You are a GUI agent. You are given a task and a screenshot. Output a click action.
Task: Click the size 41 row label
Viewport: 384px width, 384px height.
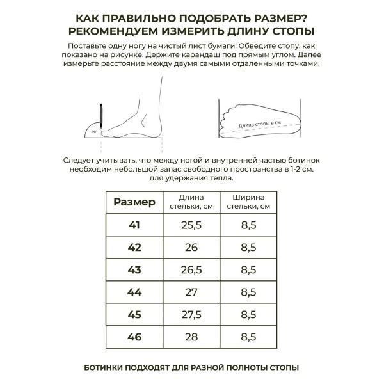pyautogui.click(x=134, y=225)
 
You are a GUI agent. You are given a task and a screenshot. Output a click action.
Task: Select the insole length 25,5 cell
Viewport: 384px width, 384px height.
pyautogui.click(x=191, y=225)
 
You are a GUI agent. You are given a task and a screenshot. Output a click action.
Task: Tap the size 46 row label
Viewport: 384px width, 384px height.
pyautogui.click(x=134, y=337)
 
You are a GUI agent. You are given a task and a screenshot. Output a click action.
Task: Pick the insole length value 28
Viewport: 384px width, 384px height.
pyautogui.click(x=191, y=337)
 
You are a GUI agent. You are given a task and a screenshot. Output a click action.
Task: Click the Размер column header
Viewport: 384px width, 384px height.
pyautogui.click(x=134, y=202)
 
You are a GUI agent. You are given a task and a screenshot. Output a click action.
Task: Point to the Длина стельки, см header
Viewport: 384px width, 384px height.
pyautogui.click(x=191, y=202)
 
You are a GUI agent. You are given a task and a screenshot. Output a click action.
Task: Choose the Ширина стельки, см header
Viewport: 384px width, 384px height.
pyautogui.click(x=248, y=202)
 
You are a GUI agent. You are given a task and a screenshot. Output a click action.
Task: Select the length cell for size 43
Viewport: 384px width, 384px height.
pyautogui.click(x=191, y=270)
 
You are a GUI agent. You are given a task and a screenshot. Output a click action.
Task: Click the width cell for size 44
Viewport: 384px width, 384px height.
pyautogui.click(x=248, y=292)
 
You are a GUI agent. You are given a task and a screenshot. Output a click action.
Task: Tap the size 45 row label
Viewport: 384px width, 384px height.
pyautogui.click(x=134, y=315)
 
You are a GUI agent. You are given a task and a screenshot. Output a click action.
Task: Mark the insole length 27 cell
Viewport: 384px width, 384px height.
pyautogui.click(x=191, y=292)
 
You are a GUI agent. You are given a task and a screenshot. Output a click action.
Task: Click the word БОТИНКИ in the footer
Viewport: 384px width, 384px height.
pyautogui.click(x=106, y=368)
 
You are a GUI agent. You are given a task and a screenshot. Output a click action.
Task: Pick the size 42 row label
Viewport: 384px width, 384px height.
pyautogui.click(x=134, y=248)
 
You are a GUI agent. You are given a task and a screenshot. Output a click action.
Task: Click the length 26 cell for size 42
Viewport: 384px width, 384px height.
pyautogui.click(x=191, y=248)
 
